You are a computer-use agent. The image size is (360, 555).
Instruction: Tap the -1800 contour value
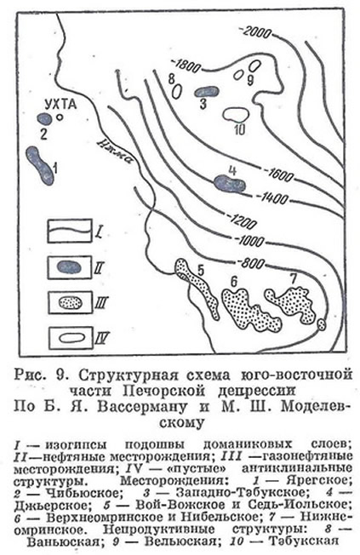pos(186,66)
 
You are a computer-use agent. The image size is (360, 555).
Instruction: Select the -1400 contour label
pos(272,198)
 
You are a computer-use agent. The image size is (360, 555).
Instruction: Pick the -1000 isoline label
pos(249,241)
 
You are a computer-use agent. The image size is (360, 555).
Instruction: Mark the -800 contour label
pos(252,263)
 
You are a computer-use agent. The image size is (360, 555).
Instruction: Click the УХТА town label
pos(60,105)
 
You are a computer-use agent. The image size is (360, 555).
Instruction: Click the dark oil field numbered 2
pos(44,118)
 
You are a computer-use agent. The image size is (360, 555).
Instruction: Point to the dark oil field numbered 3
pos(206,92)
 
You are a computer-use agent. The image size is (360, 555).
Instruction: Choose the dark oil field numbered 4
pos(230,183)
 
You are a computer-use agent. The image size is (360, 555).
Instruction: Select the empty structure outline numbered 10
pos(236,114)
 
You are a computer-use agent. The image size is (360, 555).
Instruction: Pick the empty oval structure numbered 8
pos(177,91)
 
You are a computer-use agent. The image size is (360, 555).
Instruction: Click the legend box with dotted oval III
pos(70,303)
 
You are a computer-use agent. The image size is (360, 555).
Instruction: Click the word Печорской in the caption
pos(164,391)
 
